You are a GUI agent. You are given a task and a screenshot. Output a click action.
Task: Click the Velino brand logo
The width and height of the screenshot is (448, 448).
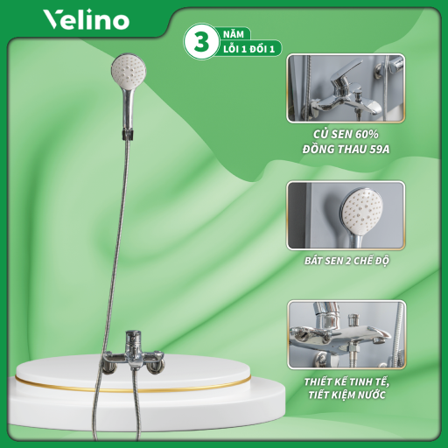[x=86, y=19]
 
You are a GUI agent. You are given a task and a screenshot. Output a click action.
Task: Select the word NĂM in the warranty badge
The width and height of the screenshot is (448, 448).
[x=234, y=34]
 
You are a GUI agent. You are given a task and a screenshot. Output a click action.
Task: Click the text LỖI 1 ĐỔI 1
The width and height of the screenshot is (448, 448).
[x=249, y=49]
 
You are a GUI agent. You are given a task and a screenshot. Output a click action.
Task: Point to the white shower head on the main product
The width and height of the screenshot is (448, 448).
[x=129, y=70]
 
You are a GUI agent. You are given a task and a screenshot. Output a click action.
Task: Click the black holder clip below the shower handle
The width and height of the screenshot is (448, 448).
[x=128, y=135]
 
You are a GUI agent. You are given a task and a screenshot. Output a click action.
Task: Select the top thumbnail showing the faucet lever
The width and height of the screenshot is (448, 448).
[x=346, y=88]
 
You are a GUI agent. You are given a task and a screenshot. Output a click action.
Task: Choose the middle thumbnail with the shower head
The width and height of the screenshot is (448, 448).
[x=346, y=215]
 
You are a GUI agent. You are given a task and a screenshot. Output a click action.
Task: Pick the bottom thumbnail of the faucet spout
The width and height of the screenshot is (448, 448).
[x=346, y=334]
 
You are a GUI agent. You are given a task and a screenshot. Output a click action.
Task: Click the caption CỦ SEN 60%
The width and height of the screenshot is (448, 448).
[x=346, y=134]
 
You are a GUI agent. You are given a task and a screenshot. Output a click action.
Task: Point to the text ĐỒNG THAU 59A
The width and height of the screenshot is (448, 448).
[x=346, y=149]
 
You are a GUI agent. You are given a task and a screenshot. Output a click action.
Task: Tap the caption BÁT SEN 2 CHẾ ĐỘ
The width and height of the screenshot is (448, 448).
[x=346, y=261]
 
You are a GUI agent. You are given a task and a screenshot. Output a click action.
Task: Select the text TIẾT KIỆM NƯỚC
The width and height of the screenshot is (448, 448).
[x=346, y=395]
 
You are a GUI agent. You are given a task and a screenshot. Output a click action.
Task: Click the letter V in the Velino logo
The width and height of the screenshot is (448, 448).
[x=52, y=20]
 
